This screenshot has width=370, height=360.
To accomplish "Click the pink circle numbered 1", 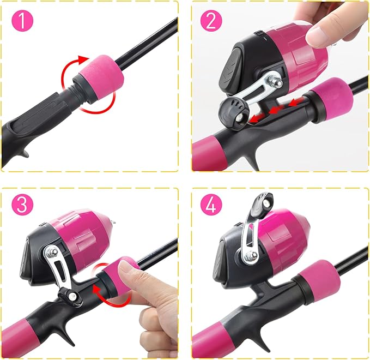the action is click(22, 21).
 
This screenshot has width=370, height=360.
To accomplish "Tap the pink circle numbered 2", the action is click(211, 21).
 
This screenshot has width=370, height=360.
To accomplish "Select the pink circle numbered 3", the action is click(22, 204).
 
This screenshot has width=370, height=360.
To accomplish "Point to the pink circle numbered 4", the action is click(211, 204).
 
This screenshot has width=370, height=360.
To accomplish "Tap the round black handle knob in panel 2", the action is click(233, 111).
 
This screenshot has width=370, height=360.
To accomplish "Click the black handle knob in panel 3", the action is click(70, 296).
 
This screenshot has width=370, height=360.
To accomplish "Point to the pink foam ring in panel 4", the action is click(319, 280).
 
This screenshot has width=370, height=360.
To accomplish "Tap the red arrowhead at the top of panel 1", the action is click(83, 59).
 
